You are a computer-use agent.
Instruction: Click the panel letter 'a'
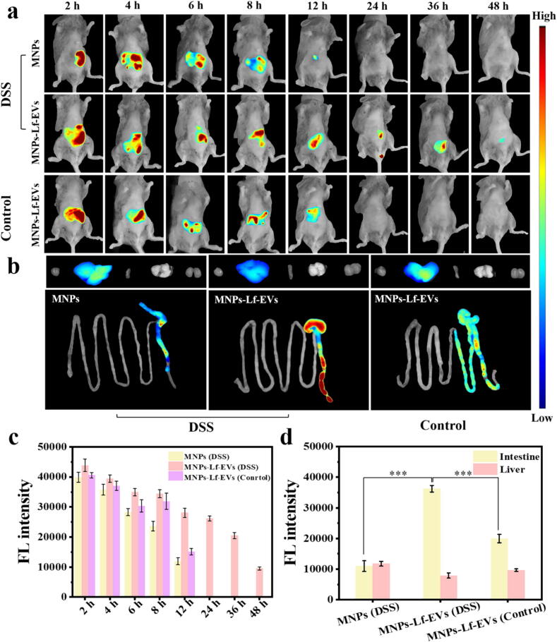[11, 12]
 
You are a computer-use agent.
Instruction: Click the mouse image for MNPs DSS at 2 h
[73, 55]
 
